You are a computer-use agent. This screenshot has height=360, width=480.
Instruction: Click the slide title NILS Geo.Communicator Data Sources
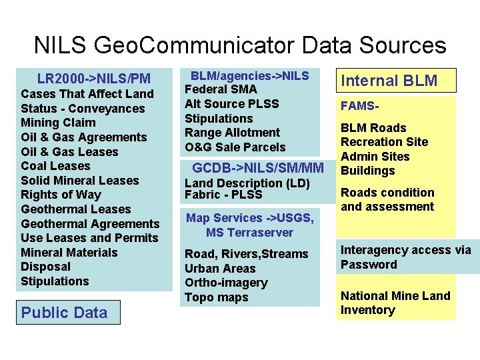click(240, 45)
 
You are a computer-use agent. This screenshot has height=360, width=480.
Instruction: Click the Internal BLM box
click(389, 81)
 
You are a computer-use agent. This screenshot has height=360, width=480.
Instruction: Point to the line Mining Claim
click(58, 123)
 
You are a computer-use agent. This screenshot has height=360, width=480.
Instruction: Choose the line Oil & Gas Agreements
click(83, 137)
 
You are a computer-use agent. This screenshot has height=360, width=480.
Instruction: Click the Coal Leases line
click(55, 166)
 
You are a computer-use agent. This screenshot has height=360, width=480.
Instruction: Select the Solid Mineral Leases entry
click(79, 181)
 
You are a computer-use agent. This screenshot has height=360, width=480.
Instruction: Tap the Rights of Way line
click(61, 195)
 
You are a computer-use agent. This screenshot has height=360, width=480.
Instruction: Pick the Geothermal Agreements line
click(90, 224)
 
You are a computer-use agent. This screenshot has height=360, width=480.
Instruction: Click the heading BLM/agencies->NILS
click(250, 75)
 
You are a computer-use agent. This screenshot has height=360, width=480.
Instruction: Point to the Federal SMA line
click(220, 89)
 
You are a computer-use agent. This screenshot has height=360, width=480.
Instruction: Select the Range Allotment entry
click(232, 133)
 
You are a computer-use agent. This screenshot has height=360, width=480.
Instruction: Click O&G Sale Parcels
click(235, 147)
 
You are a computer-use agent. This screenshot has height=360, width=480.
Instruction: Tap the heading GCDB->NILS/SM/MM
click(258, 167)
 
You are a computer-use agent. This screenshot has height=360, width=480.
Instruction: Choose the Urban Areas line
click(220, 269)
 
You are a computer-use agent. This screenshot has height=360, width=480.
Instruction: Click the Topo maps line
click(216, 297)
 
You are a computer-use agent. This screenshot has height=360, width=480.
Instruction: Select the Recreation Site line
click(384, 142)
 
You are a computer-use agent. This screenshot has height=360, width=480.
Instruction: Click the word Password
click(369, 265)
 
